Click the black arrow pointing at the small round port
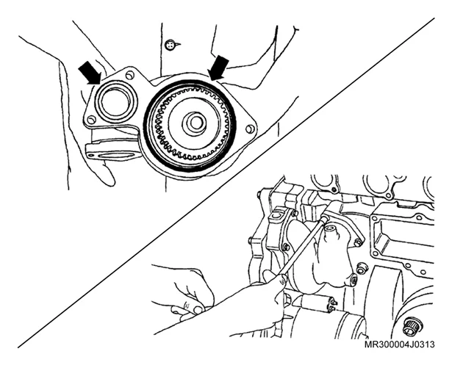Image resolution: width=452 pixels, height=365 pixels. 90,73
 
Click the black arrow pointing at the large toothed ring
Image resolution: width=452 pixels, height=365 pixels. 219,68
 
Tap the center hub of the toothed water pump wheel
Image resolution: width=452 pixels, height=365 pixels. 195,123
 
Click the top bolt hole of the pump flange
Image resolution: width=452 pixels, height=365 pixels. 130,76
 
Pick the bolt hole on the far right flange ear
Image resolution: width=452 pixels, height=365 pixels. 250,129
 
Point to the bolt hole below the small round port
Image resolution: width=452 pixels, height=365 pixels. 91,119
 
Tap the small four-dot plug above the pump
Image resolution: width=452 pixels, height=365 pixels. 170,45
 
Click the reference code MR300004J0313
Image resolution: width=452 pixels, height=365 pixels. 399,344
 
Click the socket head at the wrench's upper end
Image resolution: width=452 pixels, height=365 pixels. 327,218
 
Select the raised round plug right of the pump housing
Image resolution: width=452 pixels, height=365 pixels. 362,270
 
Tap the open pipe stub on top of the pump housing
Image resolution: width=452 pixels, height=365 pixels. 331,231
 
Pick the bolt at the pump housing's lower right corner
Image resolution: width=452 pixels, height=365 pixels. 354,278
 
